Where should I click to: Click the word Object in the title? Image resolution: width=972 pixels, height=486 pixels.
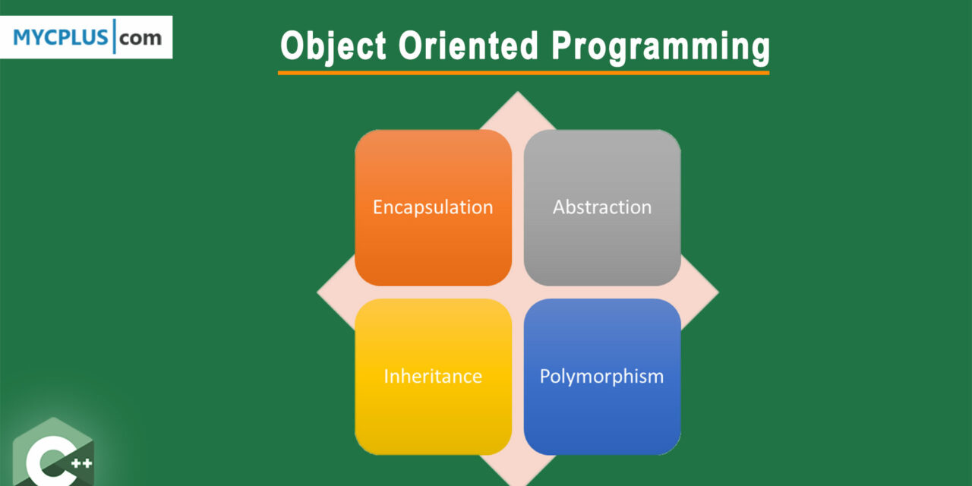tap(333, 46)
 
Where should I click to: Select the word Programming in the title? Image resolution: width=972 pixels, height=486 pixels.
tap(661, 47)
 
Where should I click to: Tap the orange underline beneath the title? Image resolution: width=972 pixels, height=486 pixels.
tap(523, 73)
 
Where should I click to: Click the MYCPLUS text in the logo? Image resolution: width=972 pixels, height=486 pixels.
tap(60, 37)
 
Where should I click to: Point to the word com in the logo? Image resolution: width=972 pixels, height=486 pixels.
tap(140, 38)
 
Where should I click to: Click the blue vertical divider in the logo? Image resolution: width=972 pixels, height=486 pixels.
tap(114, 36)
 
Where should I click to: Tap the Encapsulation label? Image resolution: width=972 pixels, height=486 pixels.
tap(433, 207)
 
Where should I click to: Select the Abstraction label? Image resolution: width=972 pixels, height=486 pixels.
tap(602, 207)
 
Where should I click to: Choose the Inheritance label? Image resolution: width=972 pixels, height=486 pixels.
tap(433, 376)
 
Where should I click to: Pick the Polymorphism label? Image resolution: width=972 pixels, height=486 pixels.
tap(601, 377)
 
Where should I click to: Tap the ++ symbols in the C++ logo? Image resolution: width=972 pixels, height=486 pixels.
tap(81, 463)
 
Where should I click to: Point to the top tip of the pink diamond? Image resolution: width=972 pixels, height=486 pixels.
tap(517, 92)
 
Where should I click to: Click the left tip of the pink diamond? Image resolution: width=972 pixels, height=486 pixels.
tap(317, 292)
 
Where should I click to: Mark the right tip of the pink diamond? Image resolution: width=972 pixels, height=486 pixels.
tap(718, 292)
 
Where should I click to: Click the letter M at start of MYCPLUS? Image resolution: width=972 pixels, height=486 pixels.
tap(22, 37)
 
